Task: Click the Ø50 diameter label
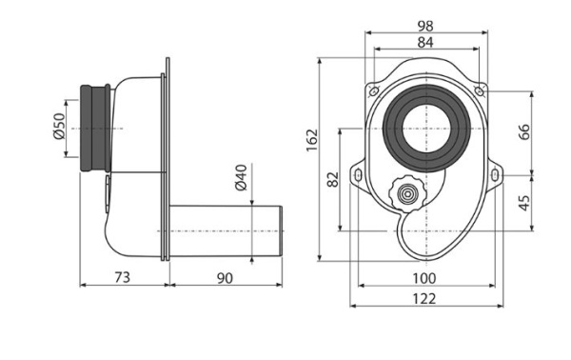(x=57, y=128)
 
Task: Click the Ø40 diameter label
(x=241, y=178)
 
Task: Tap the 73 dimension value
(x=122, y=277)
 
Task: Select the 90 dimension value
(x=225, y=277)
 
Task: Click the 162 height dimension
(x=312, y=140)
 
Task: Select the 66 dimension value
(x=524, y=131)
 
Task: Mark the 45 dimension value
(x=524, y=202)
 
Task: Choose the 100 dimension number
(x=424, y=277)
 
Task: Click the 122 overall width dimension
(x=424, y=298)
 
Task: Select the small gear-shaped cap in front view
(x=407, y=194)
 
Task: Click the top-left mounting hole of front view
(x=371, y=90)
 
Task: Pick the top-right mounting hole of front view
(x=481, y=90)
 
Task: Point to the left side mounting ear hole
(x=357, y=176)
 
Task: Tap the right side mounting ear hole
(x=496, y=176)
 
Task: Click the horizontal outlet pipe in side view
(x=228, y=230)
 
